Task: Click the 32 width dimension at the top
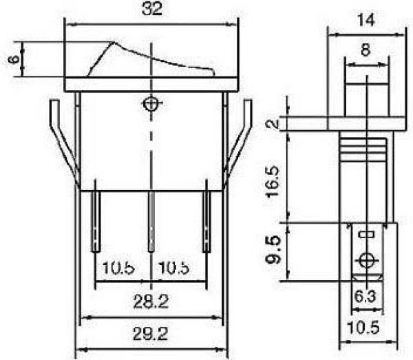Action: pyautogui.click(x=151, y=9)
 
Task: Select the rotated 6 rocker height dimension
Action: pyautogui.click(x=14, y=59)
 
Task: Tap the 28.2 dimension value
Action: pyautogui.click(x=151, y=301)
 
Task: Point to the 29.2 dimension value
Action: pyautogui.click(x=150, y=335)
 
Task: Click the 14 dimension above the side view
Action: pyautogui.click(x=366, y=20)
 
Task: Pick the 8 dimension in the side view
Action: pyautogui.click(x=366, y=50)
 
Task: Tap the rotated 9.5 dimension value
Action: pyautogui.click(x=273, y=250)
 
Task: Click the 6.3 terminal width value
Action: pyautogui.click(x=365, y=297)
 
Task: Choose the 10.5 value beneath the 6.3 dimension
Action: pyautogui.click(x=363, y=328)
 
